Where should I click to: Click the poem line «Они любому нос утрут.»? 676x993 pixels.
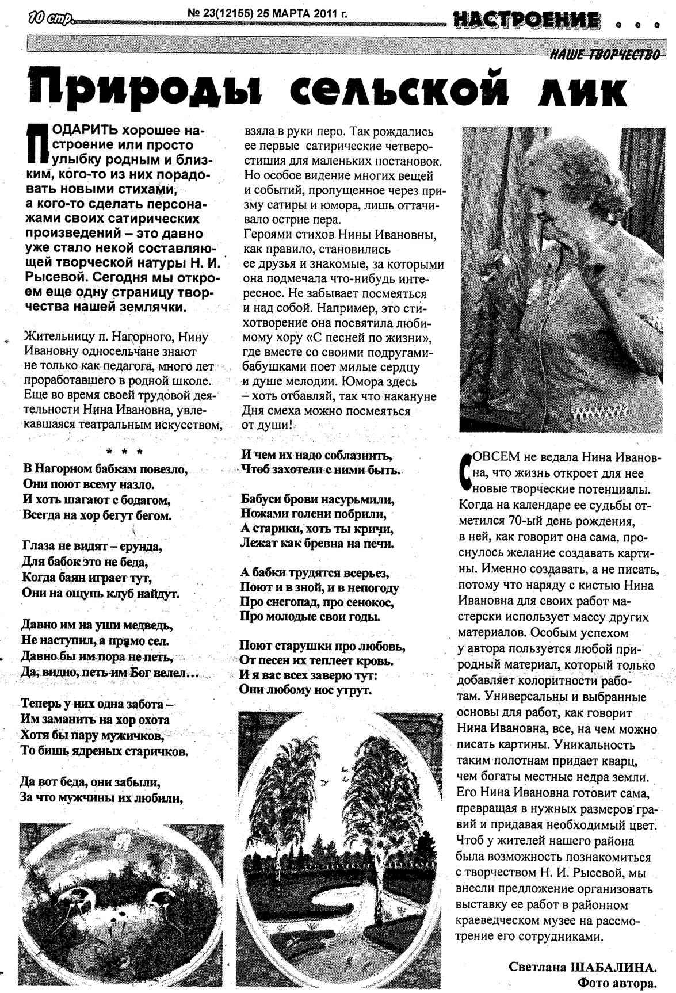[305, 689]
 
